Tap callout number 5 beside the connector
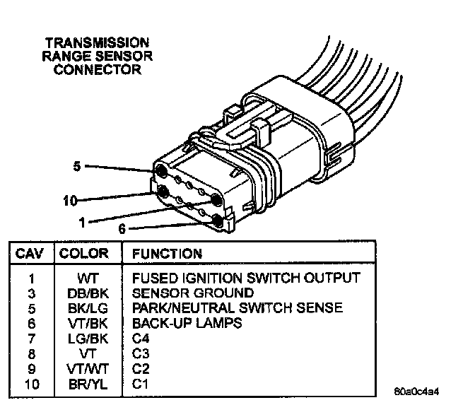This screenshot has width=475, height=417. pyautogui.click(x=77, y=167)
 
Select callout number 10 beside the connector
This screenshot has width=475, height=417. pyautogui.click(x=69, y=201)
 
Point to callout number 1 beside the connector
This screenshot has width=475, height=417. pyautogui.click(x=82, y=221)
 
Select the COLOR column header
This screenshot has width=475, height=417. pyautogui.click(x=83, y=253)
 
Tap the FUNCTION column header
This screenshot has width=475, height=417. pyautogui.click(x=167, y=253)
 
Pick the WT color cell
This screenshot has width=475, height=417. pyautogui.click(x=83, y=278)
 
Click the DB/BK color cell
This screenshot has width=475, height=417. pyautogui.click(x=83, y=293)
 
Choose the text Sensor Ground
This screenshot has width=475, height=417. pyautogui.click(x=192, y=293)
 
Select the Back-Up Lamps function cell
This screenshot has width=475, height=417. pyautogui.click(x=187, y=323)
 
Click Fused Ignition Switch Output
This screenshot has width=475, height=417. pyautogui.click(x=246, y=278)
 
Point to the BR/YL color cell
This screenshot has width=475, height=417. pyautogui.click(x=83, y=384)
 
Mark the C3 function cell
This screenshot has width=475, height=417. pyautogui.click(x=140, y=353)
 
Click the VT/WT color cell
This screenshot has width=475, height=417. pyautogui.click(x=83, y=368)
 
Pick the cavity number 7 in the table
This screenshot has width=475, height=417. pyautogui.click(x=31, y=338)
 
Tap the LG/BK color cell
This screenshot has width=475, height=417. pyautogui.click(x=83, y=338)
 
